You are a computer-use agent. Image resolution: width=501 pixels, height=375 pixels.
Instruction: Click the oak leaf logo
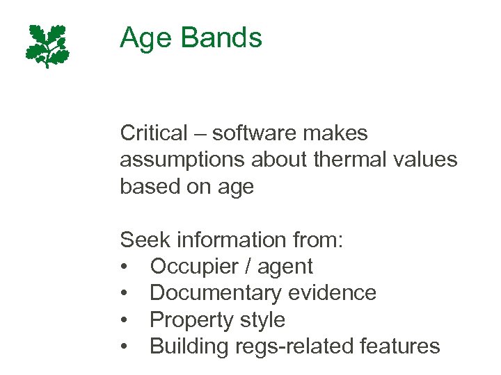pos(47,46)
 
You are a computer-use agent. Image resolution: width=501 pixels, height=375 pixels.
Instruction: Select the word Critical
pos(154,133)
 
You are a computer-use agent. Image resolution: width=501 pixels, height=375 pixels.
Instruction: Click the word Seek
pos(144,240)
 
